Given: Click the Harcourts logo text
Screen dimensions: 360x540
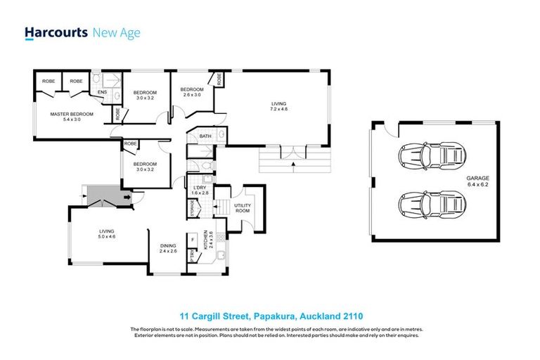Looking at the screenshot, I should click(56, 32).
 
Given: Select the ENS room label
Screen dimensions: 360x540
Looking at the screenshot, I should click(102, 91).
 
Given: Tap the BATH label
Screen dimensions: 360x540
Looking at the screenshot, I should click(205, 136).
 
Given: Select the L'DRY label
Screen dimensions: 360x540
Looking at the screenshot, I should click(199, 188).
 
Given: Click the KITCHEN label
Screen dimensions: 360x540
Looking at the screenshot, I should click(205, 241).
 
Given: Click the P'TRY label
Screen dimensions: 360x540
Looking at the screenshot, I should click(192, 258).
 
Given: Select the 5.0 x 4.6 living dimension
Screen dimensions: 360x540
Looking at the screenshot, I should click(106, 237).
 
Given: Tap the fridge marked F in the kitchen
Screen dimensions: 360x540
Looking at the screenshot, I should click(192, 240).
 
